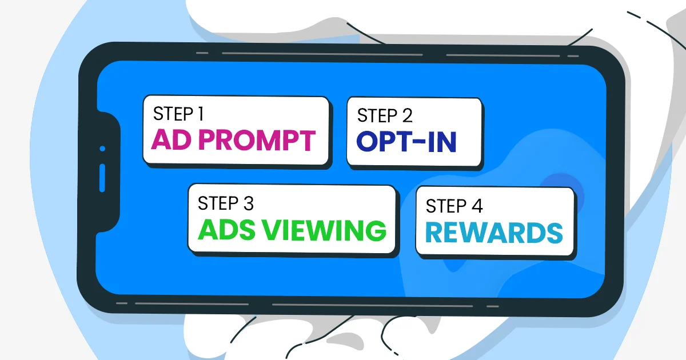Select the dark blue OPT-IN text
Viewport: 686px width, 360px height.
(x=406, y=142)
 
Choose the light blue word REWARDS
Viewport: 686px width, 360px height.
(x=494, y=233)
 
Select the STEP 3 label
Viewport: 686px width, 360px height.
(x=225, y=203)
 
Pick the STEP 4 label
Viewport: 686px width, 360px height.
(x=454, y=206)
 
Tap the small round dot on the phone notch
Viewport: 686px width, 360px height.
(x=102, y=149)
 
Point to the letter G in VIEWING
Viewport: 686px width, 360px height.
(x=374, y=230)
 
